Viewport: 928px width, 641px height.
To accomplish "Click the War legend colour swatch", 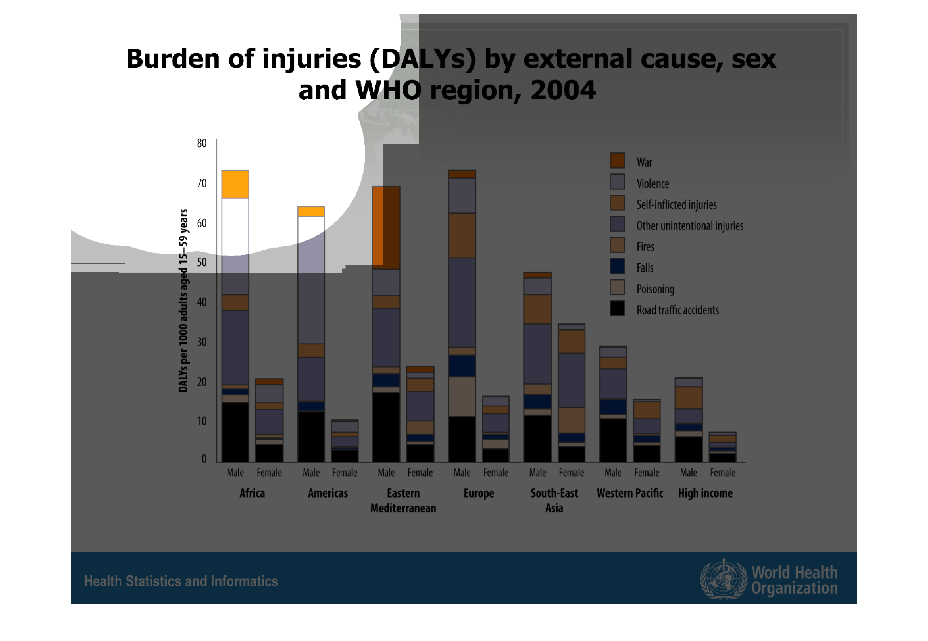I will tap(617, 161).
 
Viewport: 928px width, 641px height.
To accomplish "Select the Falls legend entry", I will tap(644, 268).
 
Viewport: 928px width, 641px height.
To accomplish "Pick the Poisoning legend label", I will tap(655, 289).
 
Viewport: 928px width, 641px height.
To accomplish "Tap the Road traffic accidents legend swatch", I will tap(617, 309).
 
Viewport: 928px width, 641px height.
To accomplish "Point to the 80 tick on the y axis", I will tap(202, 143).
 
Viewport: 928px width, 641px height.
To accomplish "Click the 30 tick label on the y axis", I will tap(202, 342).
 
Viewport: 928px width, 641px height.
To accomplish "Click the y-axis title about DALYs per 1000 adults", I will tap(183, 301).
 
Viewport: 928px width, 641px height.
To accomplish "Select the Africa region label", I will tap(252, 493).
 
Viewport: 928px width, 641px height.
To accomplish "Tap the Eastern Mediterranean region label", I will tap(403, 501).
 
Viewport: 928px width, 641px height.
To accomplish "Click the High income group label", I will tap(705, 493).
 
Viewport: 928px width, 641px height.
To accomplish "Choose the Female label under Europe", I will tap(496, 473).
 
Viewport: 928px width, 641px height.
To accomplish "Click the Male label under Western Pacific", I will tap(613, 473).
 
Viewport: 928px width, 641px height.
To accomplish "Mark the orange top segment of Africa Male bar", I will tap(235, 184).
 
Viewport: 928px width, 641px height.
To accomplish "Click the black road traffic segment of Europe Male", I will tap(462, 439).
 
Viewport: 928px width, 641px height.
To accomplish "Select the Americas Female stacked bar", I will tap(345, 441).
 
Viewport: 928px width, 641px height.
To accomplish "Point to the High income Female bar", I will tap(722, 447).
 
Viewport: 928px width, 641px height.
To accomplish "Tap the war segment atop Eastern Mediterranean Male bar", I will tap(386, 227).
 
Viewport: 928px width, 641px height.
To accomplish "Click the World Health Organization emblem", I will tap(723, 579).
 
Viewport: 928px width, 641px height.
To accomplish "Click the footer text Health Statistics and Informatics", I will tap(181, 582).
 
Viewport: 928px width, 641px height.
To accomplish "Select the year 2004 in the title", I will tap(563, 90).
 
